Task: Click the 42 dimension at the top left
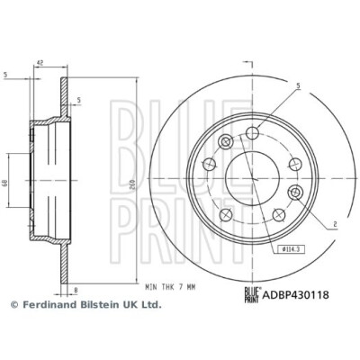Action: point(40,63)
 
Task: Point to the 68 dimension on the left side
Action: point(5,184)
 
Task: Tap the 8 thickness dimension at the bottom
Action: point(76,290)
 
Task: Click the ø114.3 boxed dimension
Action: point(290,248)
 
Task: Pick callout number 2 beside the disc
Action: point(336,223)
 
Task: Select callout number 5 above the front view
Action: point(299,86)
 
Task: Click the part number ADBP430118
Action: point(295,295)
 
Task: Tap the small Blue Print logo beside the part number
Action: point(252,295)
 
